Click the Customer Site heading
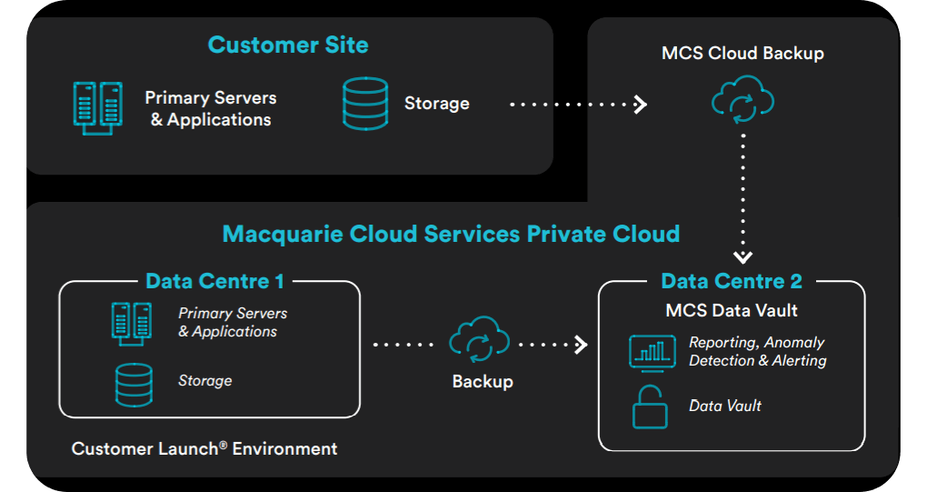[x=288, y=45]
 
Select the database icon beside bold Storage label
[x=365, y=104]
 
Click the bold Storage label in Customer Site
[x=436, y=104]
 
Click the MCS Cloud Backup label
[x=743, y=54]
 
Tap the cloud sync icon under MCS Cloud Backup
[x=743, y=102]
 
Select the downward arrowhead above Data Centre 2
[x=743, y=257]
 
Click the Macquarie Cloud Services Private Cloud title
[x=451, y=234]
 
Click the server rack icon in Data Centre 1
[x=130, y=321]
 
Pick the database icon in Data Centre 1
[x=134, y=383]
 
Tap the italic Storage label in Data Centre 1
[x=204, y=380]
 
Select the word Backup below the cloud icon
[x=482, y=382]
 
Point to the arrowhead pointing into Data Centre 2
[x=580, y=345]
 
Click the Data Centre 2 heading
[x=732, y=281]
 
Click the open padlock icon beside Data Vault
[x=651, y=407]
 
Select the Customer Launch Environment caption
[x=204, y=448]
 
